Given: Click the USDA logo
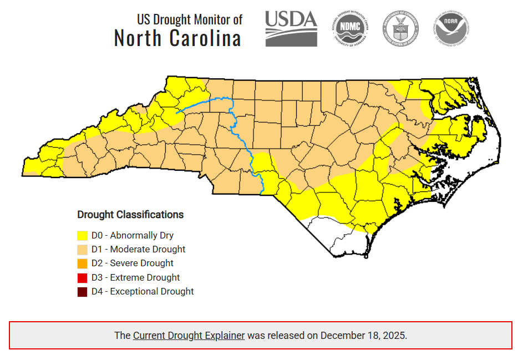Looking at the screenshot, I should pos(291,28).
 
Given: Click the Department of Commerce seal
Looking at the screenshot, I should pos(400,28).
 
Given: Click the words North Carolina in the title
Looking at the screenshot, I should pos(177,39).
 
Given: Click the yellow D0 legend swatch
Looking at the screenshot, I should pos(83,236).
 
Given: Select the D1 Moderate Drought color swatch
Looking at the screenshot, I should pos(83,250).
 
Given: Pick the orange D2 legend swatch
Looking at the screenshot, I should pos(83,263).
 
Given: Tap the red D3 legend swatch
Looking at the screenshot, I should pos(83,277).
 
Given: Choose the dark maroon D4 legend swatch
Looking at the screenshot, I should pos(83,291).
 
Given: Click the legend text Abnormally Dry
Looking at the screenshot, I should pos(141,236).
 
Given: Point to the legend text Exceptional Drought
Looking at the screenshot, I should pos(152,291).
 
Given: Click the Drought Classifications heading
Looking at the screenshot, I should pos(130,215).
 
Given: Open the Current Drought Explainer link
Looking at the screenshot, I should pos(189,336).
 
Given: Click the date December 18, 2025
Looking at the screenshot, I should pos(363,336).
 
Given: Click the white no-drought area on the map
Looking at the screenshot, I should pos(333,236).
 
